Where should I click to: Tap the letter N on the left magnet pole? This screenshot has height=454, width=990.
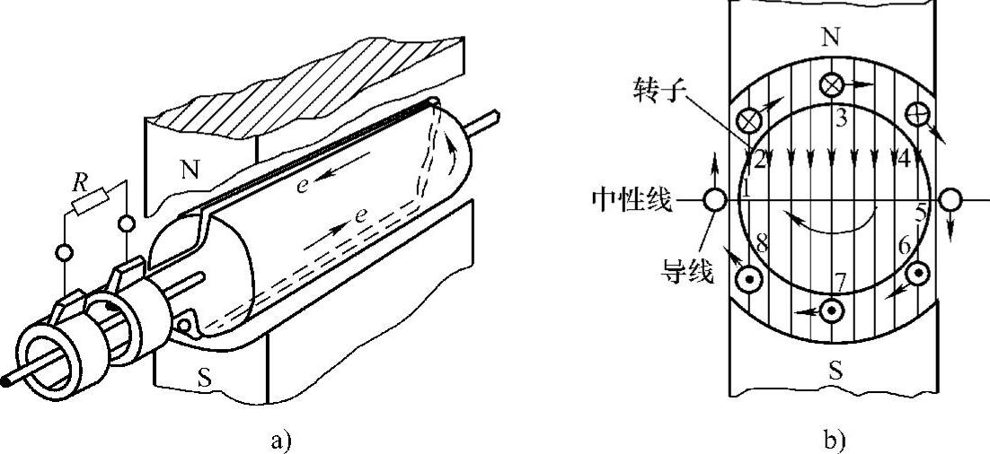tap(189, 170)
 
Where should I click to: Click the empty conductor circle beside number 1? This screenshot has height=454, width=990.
tap(715, 198)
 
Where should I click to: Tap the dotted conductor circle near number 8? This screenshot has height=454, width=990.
tap(747, 279)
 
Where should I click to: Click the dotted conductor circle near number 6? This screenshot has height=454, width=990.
tap(918, 274)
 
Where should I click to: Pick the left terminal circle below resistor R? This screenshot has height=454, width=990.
tap(64, 253)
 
